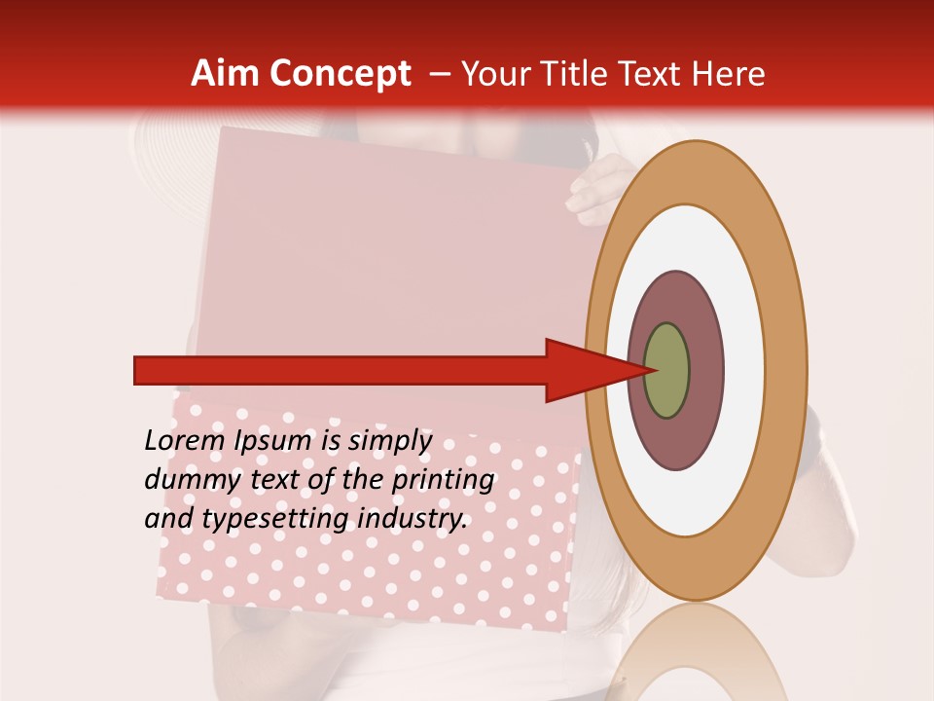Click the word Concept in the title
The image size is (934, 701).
[x=341, y=74]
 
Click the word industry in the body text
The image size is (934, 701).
[x=413, y=518]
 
